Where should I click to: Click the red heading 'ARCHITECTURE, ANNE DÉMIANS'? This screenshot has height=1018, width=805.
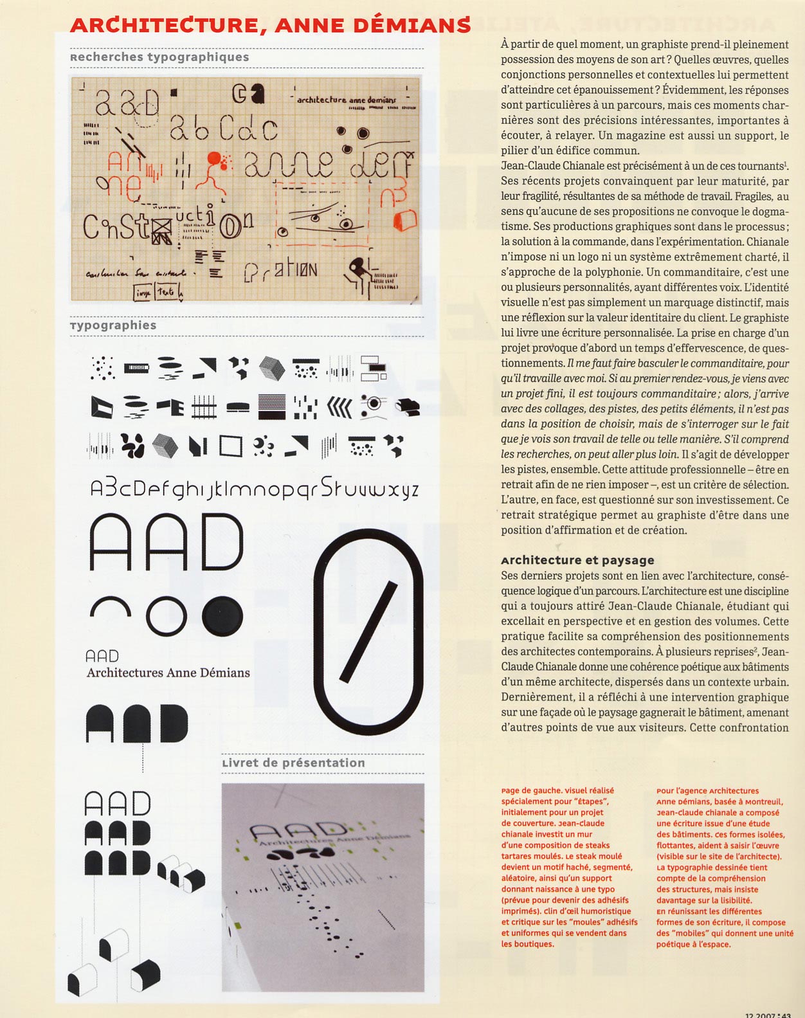pos(270,25)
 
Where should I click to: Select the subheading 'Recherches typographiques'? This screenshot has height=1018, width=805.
pos(159,57)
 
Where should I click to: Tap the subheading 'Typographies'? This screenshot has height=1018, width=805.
pos(113,325)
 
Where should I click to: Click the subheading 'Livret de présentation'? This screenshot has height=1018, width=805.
pos(293,763)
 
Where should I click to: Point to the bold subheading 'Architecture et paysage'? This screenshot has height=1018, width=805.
pos(577,560)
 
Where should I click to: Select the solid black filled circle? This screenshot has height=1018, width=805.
pos(222,615)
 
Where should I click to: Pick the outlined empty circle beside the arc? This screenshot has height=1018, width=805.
pos(167,615)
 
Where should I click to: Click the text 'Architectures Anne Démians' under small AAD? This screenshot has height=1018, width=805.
pos(168,673)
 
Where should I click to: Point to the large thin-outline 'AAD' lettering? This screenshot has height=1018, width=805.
pos(166,542)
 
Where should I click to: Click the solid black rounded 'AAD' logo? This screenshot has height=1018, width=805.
pos(136,723)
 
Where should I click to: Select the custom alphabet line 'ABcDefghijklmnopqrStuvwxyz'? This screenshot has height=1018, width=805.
pos(254,489)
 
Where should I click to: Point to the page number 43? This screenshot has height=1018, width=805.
pos(786,1013)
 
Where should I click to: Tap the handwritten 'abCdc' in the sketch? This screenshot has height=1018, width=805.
pos(223,129)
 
